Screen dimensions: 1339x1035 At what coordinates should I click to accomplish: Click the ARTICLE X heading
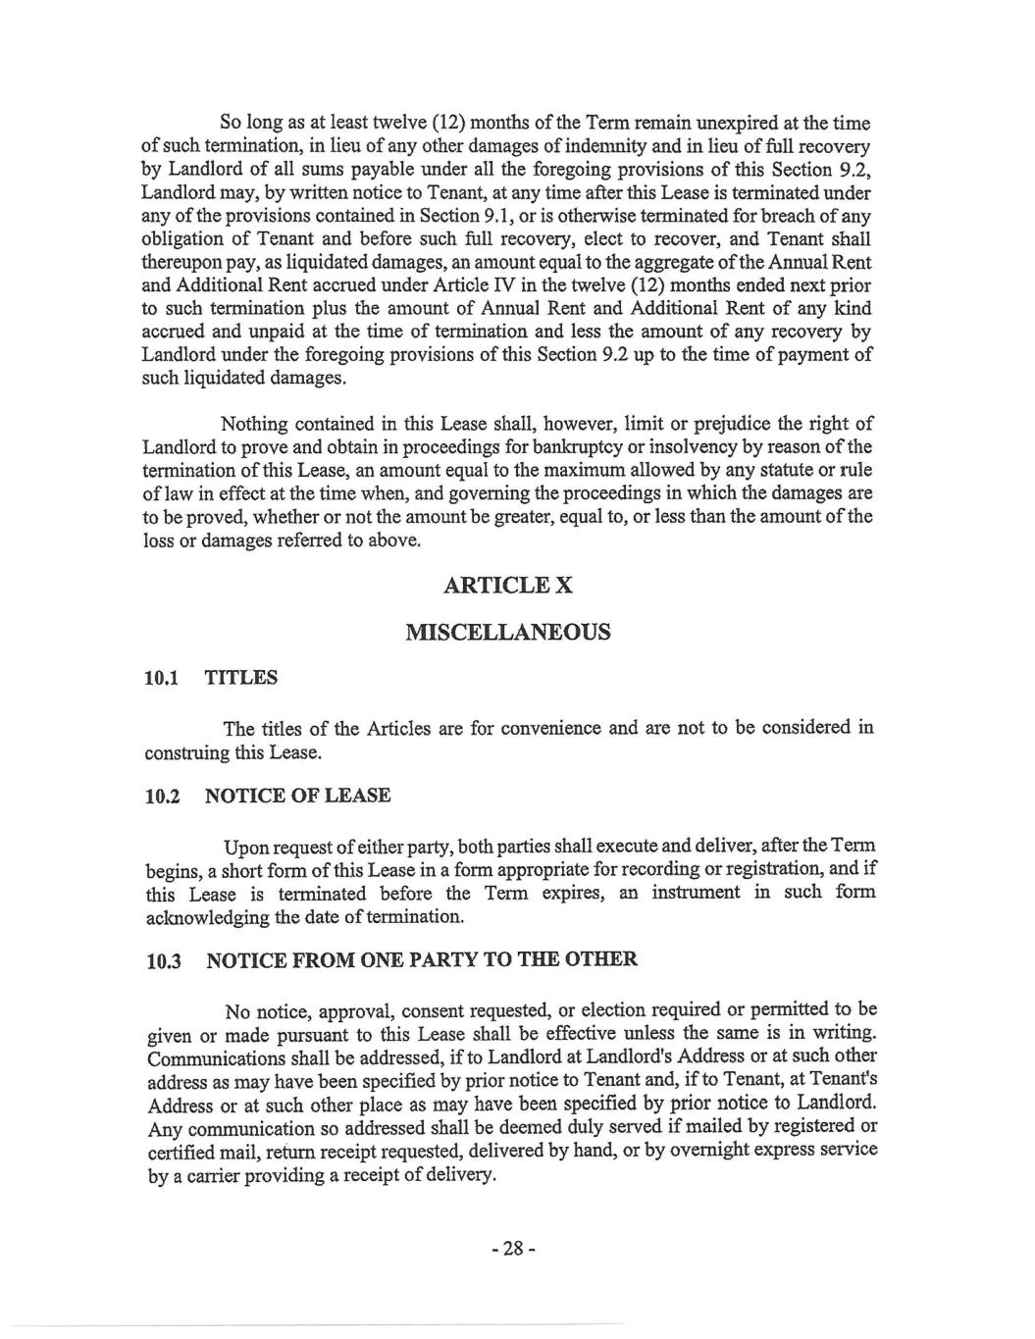pyautogui.click(x=508, y=586)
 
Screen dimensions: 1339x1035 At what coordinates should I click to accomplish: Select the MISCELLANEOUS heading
pyautogui.click(x=508, y=631)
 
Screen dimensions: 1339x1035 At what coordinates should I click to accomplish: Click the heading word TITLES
pyautogui.click(x=240, y=678)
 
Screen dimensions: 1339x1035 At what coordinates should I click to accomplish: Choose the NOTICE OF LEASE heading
pyautogui.click(x=297, y=796)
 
